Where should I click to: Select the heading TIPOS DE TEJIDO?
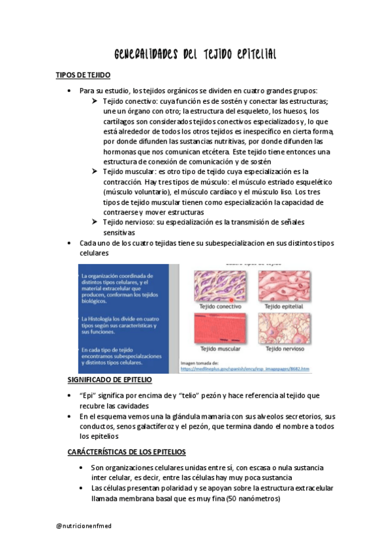[83, 76]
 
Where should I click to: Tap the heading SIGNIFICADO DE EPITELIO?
[110, 379]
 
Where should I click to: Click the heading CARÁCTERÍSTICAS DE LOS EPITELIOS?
[127, 451]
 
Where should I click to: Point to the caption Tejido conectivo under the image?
[220, 306]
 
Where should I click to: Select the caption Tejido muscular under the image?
[220, 350]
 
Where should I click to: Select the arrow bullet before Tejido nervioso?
[95, 222]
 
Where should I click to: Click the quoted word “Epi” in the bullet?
[87, 396]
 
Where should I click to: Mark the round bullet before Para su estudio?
[70, 91]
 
